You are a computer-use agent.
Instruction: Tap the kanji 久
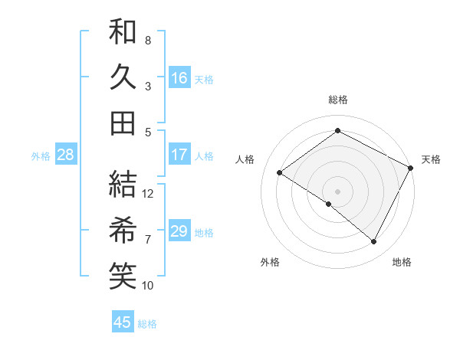(123, 77)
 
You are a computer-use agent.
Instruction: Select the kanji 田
(123, 123)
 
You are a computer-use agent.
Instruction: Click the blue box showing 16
(179, 77)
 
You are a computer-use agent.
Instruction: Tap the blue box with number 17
(179, 155)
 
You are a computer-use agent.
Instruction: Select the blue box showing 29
(179, 231)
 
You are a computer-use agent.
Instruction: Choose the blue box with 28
(66, 155)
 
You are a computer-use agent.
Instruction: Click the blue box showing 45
(123, 322)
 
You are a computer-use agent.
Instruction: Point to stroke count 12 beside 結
(148, 194)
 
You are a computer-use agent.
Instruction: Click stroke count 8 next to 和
(148, 40)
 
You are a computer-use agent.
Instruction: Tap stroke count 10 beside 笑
(148, 286)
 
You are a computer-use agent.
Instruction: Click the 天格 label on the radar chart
(431, 159)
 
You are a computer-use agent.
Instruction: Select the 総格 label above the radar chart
(337, 100)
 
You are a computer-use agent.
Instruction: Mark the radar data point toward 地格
(374, 242)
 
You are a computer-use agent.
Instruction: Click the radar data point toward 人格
(280, 172)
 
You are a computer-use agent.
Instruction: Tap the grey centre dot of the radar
(337, 191)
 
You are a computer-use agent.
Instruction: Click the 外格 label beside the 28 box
(41, 156)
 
